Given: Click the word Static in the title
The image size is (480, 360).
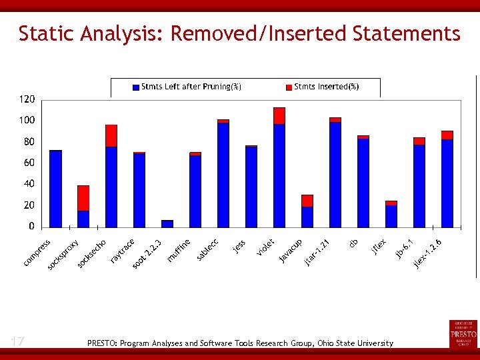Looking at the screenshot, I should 45,33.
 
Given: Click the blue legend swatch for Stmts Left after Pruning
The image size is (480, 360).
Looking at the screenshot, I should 136,87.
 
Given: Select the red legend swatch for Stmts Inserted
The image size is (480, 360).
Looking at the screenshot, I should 289,87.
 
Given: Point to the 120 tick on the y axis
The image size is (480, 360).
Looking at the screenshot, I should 27,99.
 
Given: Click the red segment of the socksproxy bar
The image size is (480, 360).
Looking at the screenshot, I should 83,198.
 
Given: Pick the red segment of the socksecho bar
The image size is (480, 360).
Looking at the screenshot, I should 111,135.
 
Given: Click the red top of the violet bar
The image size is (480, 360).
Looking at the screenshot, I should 279,115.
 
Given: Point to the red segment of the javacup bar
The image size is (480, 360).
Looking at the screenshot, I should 307,201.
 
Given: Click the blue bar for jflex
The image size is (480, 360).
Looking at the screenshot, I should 391,217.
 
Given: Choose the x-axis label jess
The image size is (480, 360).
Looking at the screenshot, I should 239,246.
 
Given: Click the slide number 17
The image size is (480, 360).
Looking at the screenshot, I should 17,341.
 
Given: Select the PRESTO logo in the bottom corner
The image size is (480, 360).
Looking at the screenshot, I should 463,333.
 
